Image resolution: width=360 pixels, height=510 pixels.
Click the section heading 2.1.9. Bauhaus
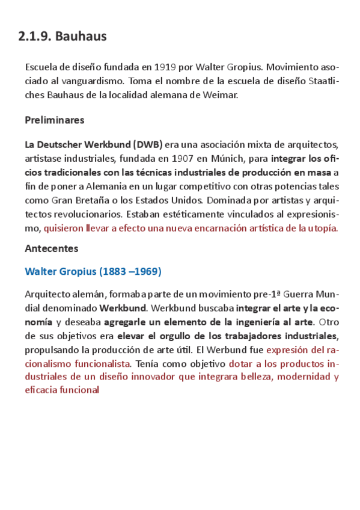63,37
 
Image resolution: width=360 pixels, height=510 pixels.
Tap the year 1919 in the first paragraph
165,67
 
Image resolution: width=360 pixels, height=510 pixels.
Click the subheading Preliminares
55,120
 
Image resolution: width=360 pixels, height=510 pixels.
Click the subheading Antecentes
52,248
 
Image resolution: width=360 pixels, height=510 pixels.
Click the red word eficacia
41,390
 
